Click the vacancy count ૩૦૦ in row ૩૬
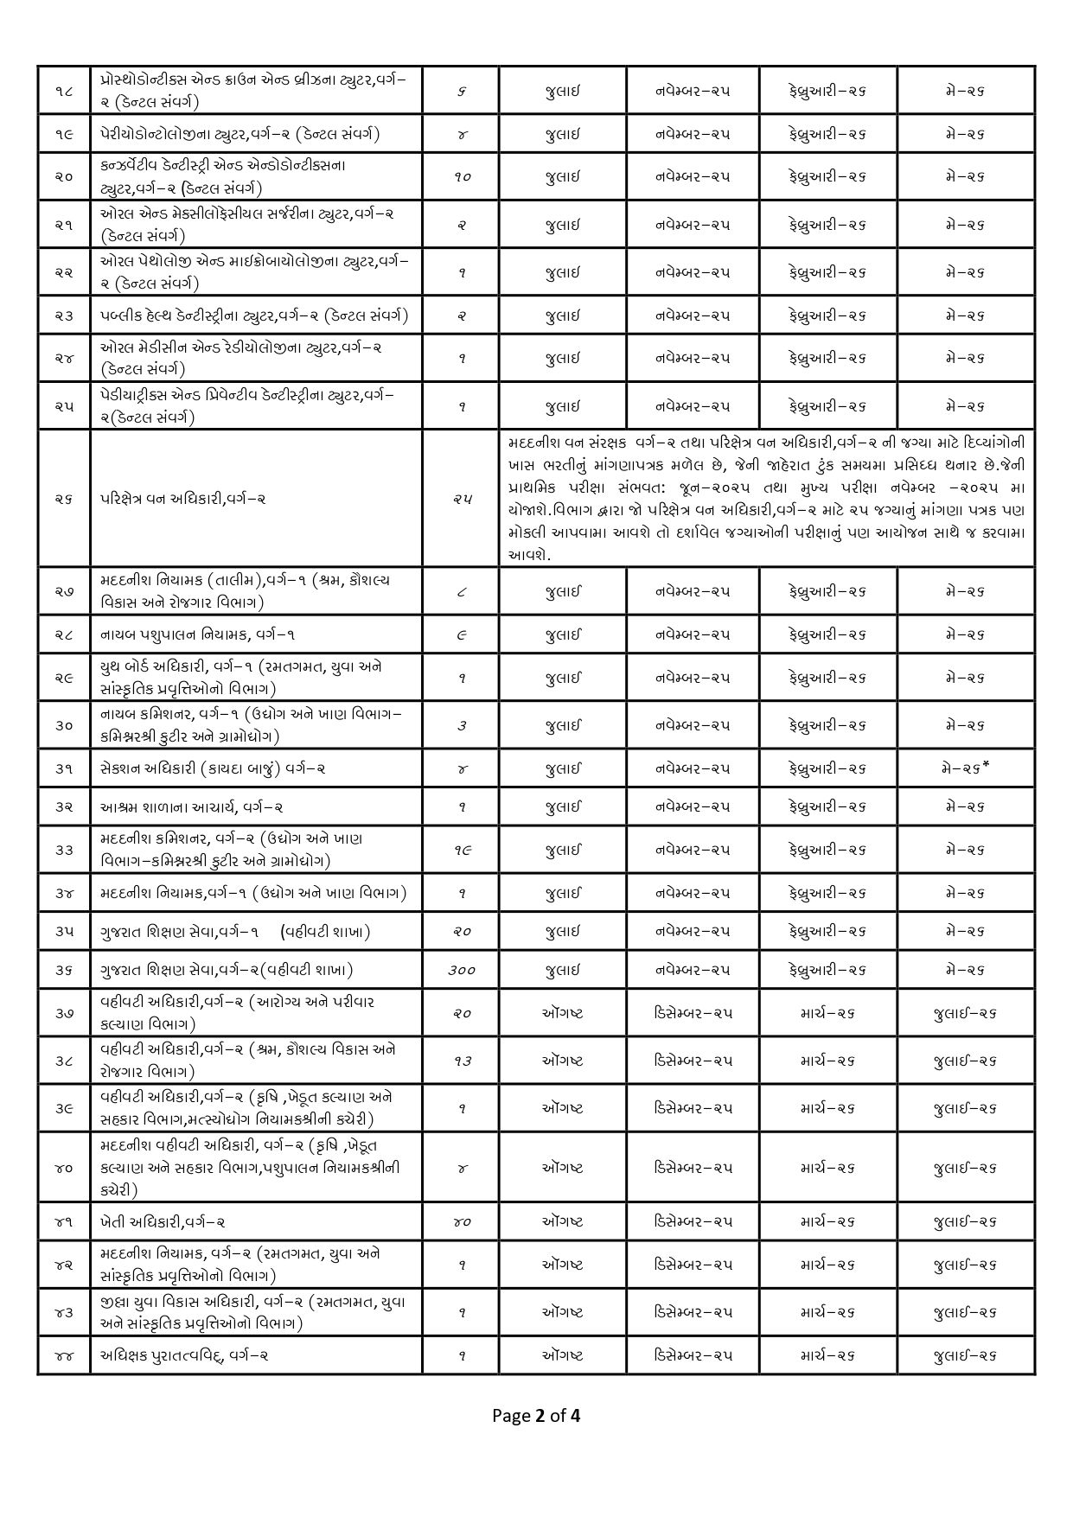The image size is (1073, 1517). pos(462,970)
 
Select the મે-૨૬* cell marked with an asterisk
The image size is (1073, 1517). pos(967,768)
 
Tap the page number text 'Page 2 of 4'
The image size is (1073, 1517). pos(536,1415)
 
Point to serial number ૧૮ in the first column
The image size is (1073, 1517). pos(64,91)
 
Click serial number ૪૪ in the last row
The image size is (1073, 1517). pos(64,1355)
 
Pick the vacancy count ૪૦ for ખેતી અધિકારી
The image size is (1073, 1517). pos(462,1221)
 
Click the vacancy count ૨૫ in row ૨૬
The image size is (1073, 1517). pos(462,499)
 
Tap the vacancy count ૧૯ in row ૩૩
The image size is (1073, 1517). pos(462,850)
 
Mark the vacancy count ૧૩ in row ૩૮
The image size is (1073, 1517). pos(462,1060)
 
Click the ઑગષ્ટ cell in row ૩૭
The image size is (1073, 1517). pos(562,1012)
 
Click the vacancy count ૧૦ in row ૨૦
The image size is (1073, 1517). pos(462,176)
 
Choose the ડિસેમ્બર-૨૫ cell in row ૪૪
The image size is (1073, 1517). pos(693,1355)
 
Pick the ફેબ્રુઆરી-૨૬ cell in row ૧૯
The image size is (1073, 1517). pos(827,134)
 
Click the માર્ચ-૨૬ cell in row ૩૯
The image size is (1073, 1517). pos(827,1107)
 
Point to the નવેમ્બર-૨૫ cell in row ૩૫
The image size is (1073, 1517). pos(693,931)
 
